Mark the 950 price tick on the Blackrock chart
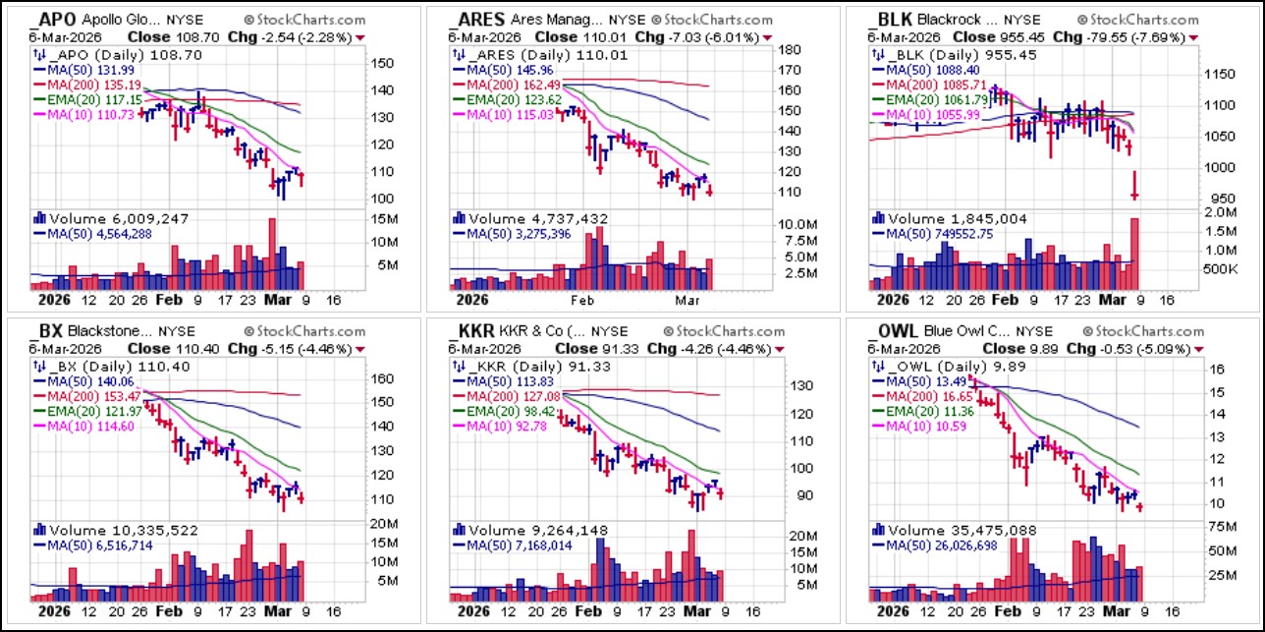point(1195,198)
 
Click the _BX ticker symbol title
point(51,330)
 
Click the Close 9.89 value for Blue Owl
point(1024,348)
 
